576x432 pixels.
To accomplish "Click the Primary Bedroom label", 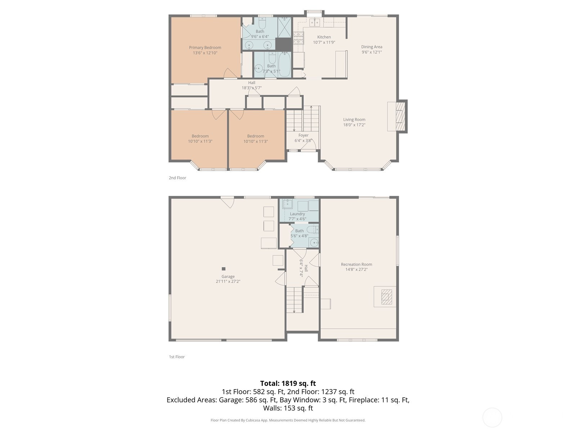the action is click(205, 48).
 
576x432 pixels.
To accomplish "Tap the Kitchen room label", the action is click(324, 37).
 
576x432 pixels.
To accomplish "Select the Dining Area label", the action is click(372, 47).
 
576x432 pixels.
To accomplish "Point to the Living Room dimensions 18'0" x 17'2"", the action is click(354, 125).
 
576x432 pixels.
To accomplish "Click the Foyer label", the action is click(303, 135).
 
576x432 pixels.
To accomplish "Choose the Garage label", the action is click(228, 276).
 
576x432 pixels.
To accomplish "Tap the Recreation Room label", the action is click(356, 264).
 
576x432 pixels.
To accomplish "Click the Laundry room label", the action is click(297, 214).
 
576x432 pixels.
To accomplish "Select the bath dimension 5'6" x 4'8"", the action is click(299, 236).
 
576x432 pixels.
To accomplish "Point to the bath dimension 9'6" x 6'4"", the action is click(260, 37).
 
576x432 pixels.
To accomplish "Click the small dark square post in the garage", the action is click(224, 269).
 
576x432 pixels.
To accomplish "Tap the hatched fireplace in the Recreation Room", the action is click(387, 297).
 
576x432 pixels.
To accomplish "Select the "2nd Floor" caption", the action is click(177, 178).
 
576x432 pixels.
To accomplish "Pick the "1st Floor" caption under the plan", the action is click(177, 357).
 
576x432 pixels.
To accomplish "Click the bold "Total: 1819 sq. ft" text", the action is click(288, 383).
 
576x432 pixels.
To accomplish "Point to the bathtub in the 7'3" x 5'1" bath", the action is click(284, 64).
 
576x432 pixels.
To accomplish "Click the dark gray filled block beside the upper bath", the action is click(284, 45).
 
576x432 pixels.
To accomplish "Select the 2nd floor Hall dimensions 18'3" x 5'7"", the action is click(252, 88).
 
